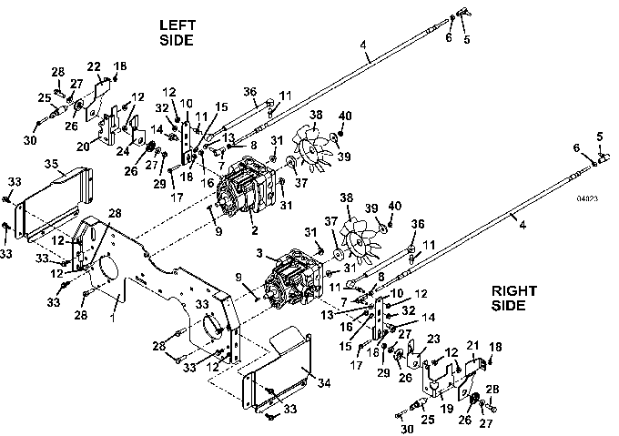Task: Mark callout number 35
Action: (x=51, y=165)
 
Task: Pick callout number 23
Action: (x=432, y=339)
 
